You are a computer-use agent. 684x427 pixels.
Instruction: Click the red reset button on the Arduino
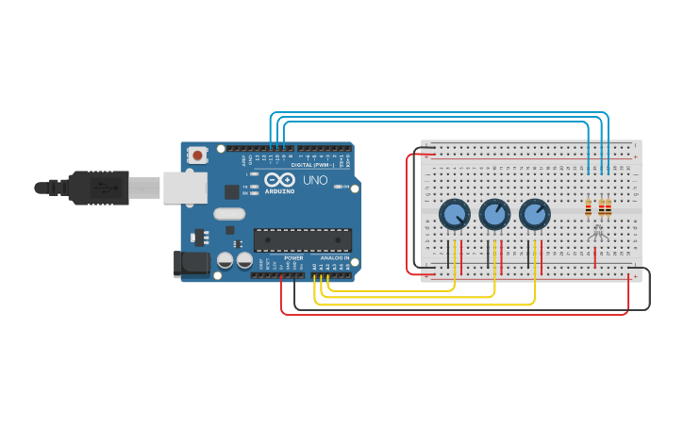click(197, 155)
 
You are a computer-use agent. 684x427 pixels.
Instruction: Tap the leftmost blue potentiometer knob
click(454, 214)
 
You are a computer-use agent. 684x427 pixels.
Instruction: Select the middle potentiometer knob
click(494, 214)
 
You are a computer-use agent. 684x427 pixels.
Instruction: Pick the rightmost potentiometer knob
click(534, 214)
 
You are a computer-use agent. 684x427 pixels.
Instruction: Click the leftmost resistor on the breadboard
click(589, 207)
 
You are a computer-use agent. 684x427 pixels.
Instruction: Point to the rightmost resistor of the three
click(608, 207)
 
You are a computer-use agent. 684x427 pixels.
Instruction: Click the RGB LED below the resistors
click(596, 231)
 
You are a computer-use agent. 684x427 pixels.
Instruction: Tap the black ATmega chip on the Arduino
click(302, 239)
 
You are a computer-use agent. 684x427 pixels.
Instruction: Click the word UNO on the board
click(315, 180)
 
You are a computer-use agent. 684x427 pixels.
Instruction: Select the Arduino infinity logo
click(279, 179)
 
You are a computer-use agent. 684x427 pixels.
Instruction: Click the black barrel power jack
click(192, 264)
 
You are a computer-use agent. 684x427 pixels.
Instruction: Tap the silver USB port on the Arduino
click(185, 188)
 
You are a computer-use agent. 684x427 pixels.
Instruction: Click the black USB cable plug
click(99, 188)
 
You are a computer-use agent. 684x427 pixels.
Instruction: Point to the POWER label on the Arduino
click(293, 257)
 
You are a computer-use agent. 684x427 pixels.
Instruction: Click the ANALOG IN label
click(334, 257)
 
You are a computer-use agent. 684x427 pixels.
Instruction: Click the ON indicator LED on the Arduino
click(339, 187)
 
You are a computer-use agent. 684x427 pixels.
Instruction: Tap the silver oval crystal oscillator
click(228, 214)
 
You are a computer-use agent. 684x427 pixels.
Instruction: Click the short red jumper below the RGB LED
click(594, 255)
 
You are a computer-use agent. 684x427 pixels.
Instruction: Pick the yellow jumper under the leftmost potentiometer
click(455, 256)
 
